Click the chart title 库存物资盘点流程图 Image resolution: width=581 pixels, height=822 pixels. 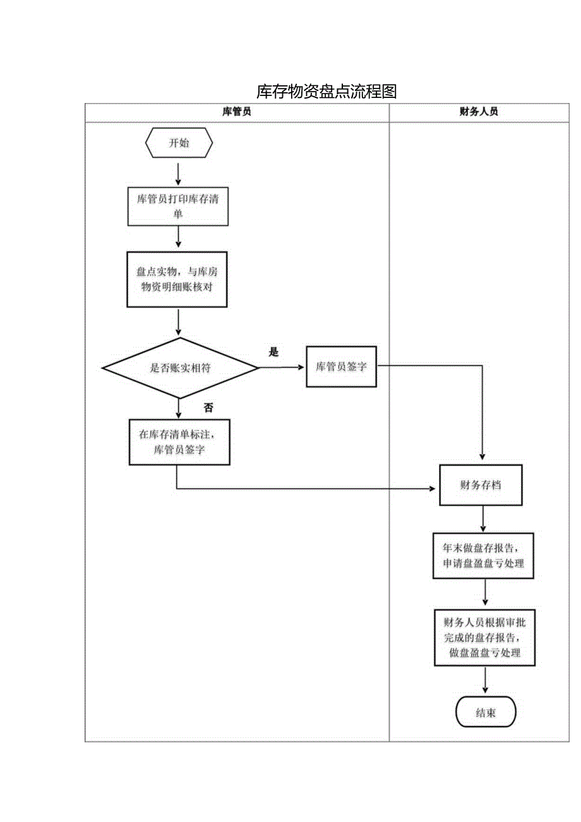click(326, 92)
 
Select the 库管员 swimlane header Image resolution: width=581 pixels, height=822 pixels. click(237, 112)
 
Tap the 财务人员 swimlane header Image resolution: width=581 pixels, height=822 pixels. click(479, 112)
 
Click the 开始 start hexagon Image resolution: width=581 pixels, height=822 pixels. click(179, 143)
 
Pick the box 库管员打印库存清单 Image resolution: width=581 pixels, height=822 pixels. click(178, 206)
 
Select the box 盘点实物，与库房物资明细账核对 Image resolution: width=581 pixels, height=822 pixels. click(177, 279)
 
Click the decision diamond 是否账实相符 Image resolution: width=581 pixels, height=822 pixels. click(180, 368)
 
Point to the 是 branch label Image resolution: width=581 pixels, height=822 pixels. click(273, 353)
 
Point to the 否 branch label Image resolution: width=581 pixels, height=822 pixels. click(208, 408)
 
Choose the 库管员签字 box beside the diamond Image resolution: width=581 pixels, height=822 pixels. click(341, 366)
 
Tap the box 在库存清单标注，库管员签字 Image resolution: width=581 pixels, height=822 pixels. click(179, 442)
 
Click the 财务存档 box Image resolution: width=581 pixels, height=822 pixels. click(481, 485)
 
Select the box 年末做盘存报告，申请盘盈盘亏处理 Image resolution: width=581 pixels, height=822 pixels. click(484, 556)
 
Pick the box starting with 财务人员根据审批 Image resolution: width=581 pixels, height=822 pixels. click(485, 637)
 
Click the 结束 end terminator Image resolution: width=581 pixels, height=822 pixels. click(486, 713)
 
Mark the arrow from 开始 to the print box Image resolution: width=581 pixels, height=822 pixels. click(179, 174)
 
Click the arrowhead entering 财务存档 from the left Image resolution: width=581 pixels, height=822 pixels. click(433, 489)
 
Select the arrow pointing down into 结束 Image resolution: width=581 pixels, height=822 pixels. click(486, 682)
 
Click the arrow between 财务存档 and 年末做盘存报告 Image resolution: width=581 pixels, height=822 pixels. click(484, 519)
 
